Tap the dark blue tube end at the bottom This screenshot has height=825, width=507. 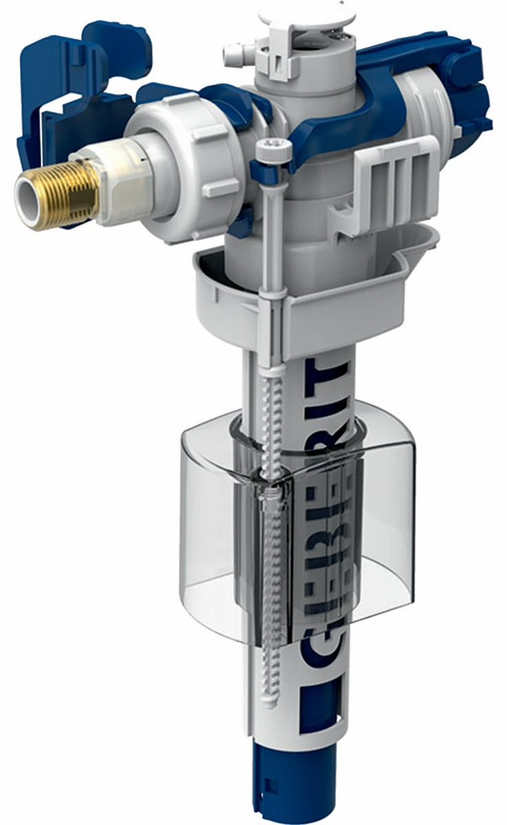(290, 786)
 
